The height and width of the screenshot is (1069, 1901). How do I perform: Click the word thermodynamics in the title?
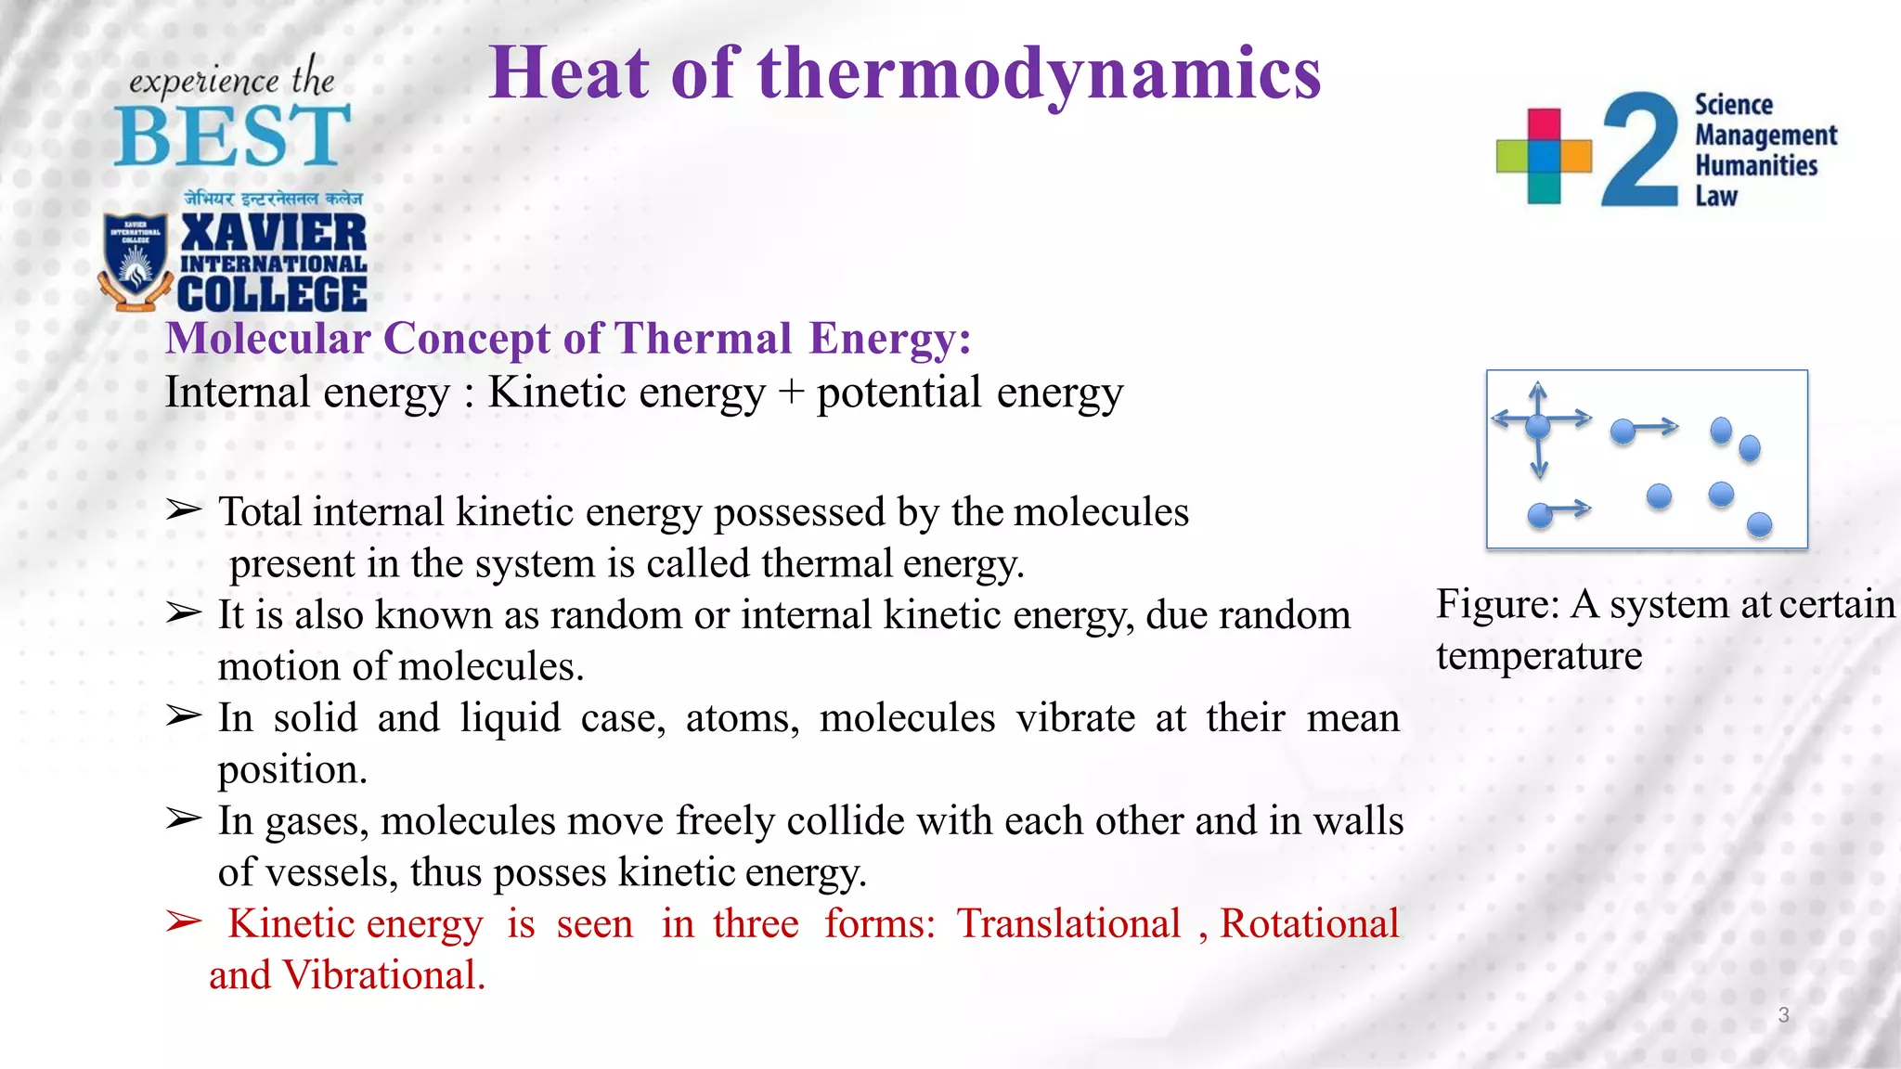(x=1039, y=74)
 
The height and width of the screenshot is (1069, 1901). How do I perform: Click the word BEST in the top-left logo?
(x=232, y=136)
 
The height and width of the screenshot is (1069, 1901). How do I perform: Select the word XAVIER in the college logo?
(x=274, y=232)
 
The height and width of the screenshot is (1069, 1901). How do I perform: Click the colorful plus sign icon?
(x=1544, y=156)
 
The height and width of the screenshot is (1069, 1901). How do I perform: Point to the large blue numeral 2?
(x=1640, y=150)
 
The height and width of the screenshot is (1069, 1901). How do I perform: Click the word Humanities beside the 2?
(x=1755, y=166)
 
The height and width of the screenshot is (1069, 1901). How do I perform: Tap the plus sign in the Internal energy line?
(x=791, y=393)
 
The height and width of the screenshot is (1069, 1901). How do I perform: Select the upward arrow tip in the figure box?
(x=1538, y=386)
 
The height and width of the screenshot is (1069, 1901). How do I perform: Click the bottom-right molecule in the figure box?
(x=1759, y=525)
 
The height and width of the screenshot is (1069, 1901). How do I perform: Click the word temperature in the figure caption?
(x=1538, y=657)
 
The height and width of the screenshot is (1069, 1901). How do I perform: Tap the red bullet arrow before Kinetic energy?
(x=184, y=921)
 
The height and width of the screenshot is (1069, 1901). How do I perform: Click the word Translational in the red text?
(x=1068, y=924)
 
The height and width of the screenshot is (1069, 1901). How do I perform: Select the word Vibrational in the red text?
(x=383, y=976)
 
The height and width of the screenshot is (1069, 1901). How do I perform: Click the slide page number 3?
(x=1783, y=1015)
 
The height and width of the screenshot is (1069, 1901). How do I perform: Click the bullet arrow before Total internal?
(x=184, y=510)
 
